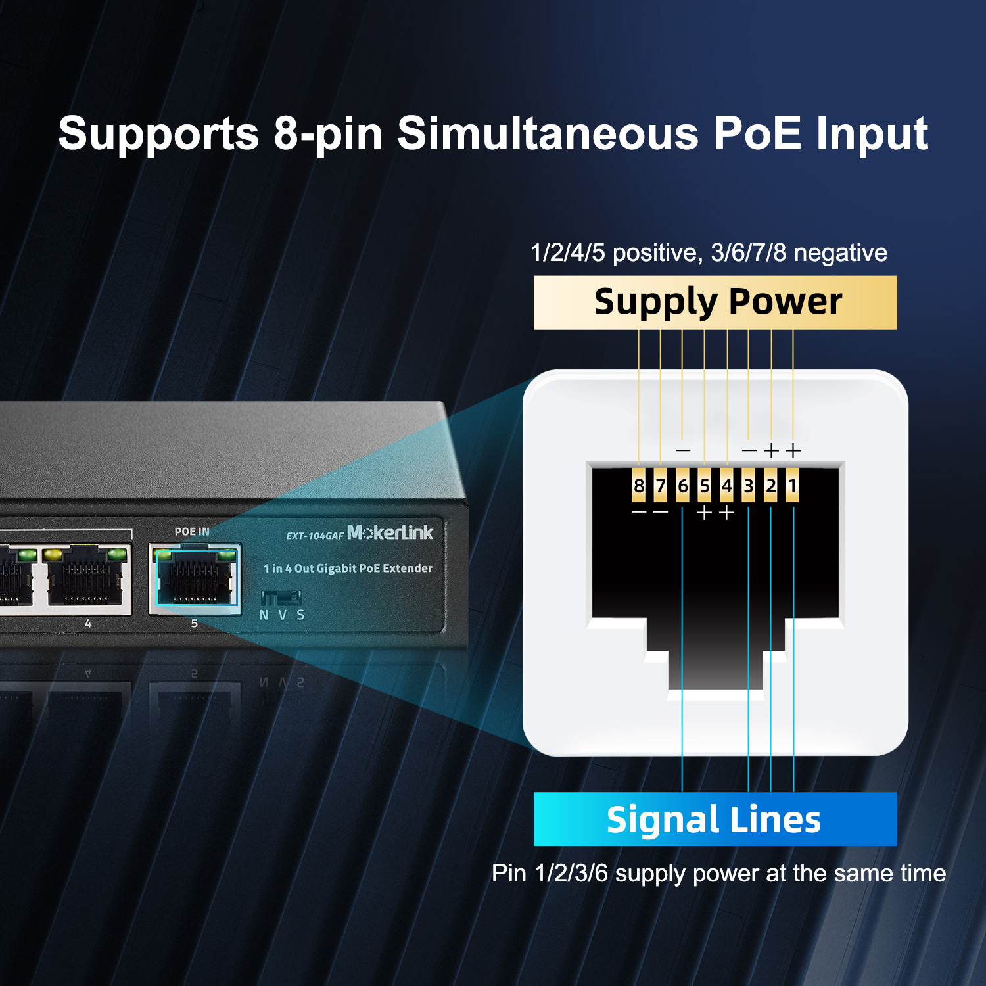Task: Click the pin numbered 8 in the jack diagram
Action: pyautogui.click(x=638, y=486)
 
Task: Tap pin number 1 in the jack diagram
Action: pyautogui.click(x=793, y=486)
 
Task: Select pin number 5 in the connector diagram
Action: pyautogui.click(x=704, y=486)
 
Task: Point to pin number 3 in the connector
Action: pyautogui.click(x=748, y=486)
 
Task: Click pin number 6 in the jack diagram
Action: pyautogui.click(x=682, y=486)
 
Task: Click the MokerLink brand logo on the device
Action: pyautogui.click(x=390, y=532)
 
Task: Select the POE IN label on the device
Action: pyautogui.click(x=192, y=531)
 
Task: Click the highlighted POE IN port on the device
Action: pyautogui.click(x=195, y=578)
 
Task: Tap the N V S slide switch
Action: pyautogui.click(x=281, y=598)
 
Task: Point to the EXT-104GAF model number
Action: pyautogui.click(x=315, y=536)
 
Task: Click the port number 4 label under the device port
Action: pyautogui.click(x=88, y=623)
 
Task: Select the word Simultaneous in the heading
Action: pyautogui.click(x=548, y=133)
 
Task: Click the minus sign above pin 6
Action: pyautogui.click(x=683, y=451)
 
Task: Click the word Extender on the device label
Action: pyautogui.click(x=408, y=568)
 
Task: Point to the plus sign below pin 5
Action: pyautogui.click(x=704, y=512)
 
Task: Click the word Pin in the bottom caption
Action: pyautogui.click(x=509, y=873)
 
